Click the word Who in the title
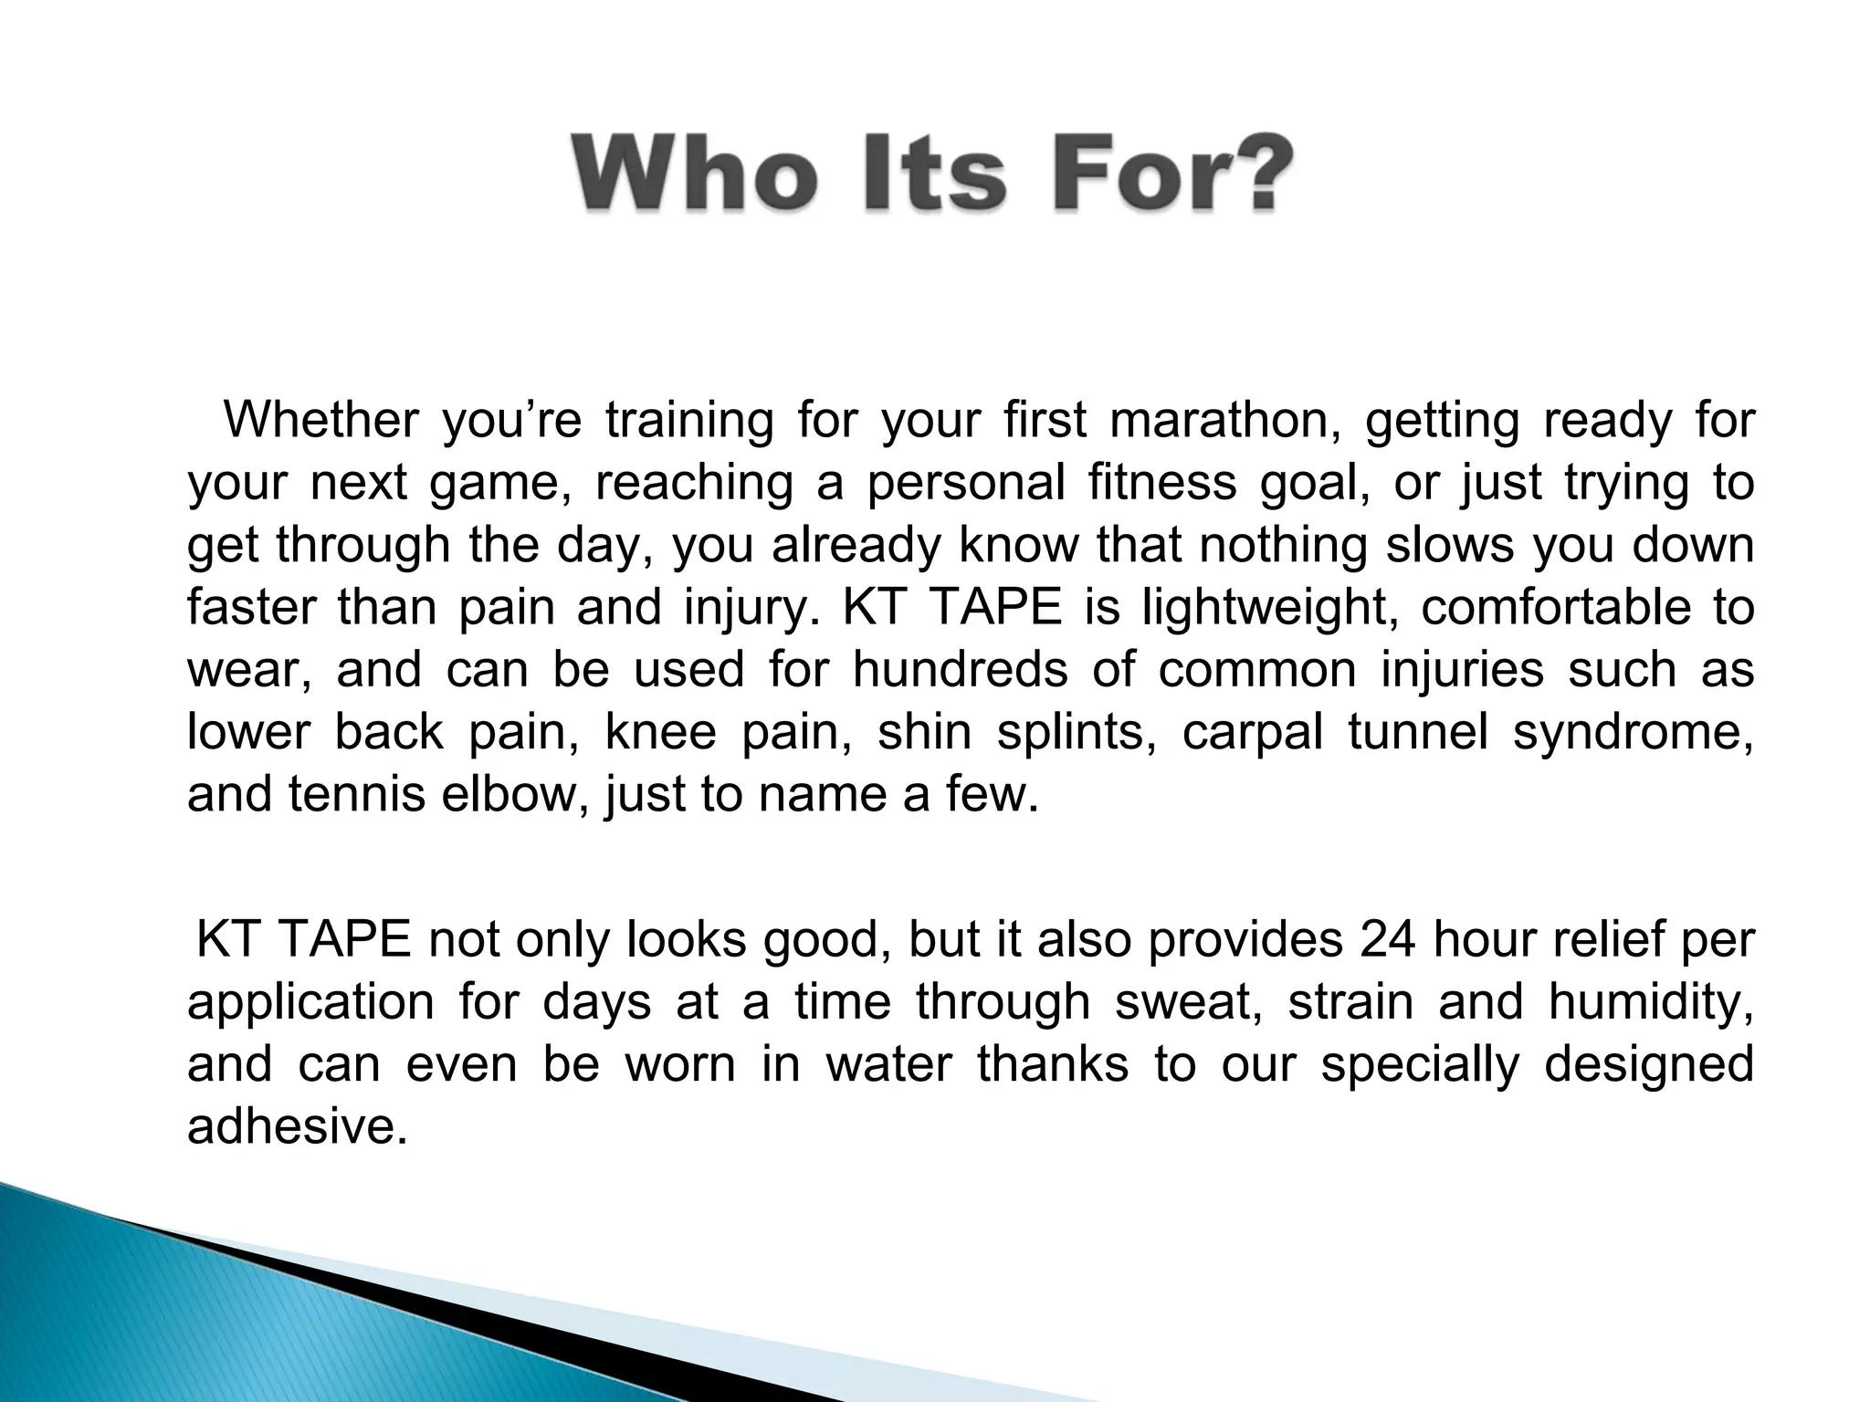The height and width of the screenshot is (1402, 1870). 694,174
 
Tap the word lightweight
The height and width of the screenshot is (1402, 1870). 1268,607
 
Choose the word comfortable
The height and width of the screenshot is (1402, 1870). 1556,607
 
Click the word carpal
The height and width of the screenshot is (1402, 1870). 1253,732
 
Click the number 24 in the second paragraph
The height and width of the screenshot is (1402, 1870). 1388,939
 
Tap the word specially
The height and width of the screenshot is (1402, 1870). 1419,1064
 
